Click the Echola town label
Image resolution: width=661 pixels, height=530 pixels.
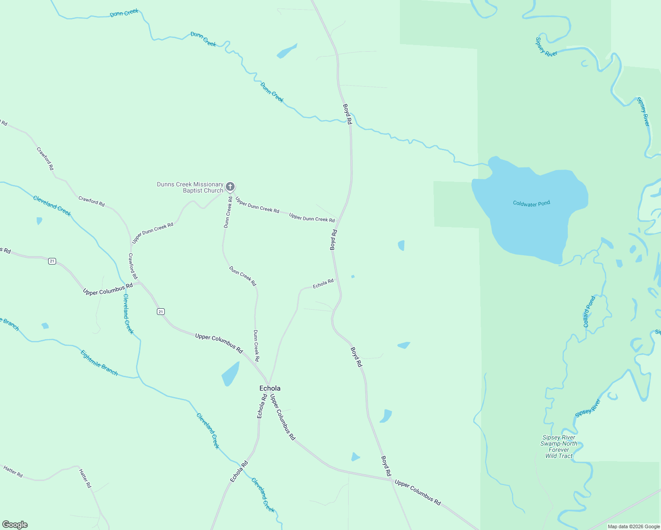(x=270, y=388)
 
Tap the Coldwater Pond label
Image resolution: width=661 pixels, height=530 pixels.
(x=531, y=203)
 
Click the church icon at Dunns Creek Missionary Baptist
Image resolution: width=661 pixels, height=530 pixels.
(x=230, y=187)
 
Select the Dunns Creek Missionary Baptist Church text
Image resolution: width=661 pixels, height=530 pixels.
(x=190, y=187)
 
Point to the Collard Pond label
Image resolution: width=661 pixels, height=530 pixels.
(x=589, y=312)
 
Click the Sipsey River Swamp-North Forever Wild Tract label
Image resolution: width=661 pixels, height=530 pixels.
(x=559, y=447)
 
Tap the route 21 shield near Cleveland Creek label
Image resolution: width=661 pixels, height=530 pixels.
(x=160, y=312)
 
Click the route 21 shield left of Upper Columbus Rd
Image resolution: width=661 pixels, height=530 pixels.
(x=52, y=261)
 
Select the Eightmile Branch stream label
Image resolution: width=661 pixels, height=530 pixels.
(x=99, y=363)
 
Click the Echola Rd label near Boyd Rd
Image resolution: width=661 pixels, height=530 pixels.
(x=323, y=284)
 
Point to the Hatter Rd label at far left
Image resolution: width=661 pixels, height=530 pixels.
(x=13, y=472)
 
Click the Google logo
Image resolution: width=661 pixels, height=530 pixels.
(x=15, y=525)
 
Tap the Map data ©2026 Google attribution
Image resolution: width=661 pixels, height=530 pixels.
(x=634, y=526)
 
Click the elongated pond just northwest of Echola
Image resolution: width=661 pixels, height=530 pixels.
(x=230, y=373)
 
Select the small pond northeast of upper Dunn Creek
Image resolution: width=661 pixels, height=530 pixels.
(x=287, y=51)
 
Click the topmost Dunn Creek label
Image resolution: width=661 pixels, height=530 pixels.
(x=124, y=13)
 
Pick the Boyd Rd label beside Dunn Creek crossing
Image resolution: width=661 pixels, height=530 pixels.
(x=347, y=114)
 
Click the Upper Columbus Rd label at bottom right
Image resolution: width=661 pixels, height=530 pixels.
(x=418, y=492)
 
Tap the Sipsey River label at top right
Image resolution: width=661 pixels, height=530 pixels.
(x=546, y=47)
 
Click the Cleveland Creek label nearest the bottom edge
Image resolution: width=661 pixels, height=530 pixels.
(x=263, y=495)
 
